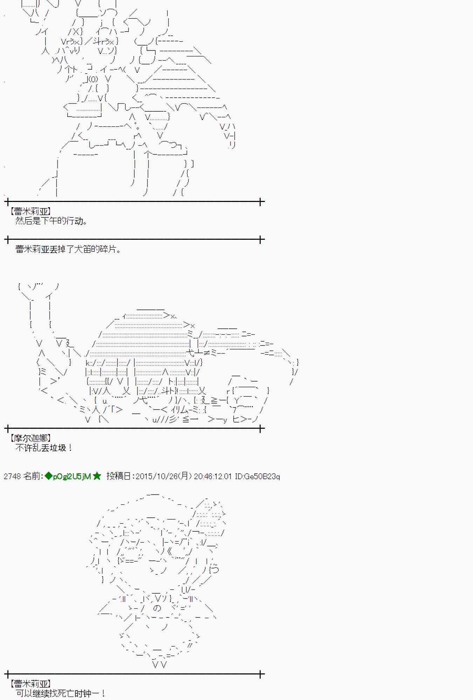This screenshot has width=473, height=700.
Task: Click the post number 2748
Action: click(x=12, y=476)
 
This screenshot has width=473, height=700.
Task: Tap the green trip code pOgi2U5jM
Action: click(x=72, y=476)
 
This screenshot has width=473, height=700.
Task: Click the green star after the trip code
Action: click(x=97, y=476)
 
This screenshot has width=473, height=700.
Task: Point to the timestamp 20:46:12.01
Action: click(x=213, y=476)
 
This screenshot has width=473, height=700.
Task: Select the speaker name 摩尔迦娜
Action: click(x=31, y=438)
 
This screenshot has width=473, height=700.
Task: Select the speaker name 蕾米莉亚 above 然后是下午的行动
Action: click(x=31, y=211)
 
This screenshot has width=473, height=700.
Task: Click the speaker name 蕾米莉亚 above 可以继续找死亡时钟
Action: click(x=31, y=683)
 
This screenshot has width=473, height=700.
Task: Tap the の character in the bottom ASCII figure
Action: click(x=157, y=608)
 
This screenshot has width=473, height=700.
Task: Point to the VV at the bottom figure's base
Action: click(x=159, y=664)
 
